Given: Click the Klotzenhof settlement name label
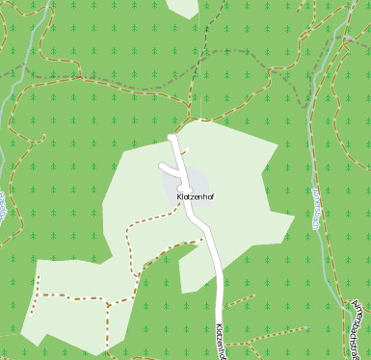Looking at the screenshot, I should click(x=196, y=196).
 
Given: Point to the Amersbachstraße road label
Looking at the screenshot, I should click(x=359, y=328).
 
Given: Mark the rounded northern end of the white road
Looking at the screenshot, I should click(x=172, y=139).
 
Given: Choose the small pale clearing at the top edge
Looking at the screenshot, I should click(x=183, y=8).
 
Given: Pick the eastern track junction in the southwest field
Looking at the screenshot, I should click(x=109, y=305).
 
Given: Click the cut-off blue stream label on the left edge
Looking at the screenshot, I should click(x=3, y=208).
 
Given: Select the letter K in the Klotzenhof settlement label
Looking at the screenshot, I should click(x=180, y=196).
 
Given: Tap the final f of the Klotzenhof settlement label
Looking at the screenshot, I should click(x=211, y=196).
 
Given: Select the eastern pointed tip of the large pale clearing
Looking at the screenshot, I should click(x=294, y=216).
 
